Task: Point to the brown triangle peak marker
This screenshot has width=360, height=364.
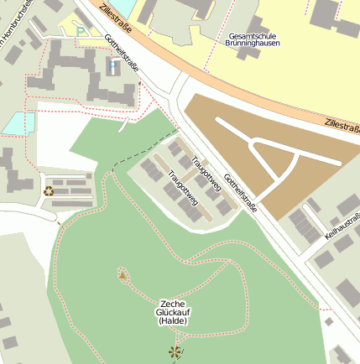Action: (x=123, y=274)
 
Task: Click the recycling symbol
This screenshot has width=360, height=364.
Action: (x=48, y=191)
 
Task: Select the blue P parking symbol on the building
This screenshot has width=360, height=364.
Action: (x=113, y=65)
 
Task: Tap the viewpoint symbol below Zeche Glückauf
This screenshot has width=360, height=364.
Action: (x=175, y=352)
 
